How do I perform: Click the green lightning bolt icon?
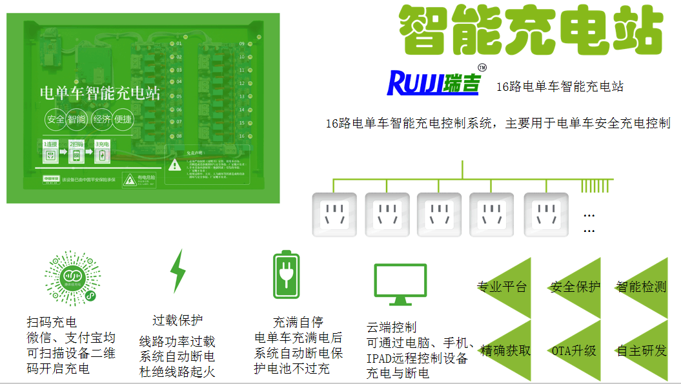(x=177, y=271)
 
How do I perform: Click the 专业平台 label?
(x=502, y=287)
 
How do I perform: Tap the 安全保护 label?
(x=574, y=287)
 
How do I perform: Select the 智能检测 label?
(x=641, y=287)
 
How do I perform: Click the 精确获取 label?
(x=505, y=351)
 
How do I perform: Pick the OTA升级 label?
(x=573, y=351)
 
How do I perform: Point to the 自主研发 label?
(x=642, y=351)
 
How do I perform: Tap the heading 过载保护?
(x=178, y=320)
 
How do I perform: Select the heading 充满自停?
(x=298, y=322)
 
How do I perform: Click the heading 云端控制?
(x=392, y=327)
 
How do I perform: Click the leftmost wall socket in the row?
(x=334, y=214)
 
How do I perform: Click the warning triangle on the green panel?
(x=174, y=165)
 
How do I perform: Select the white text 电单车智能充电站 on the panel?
(x=100, y=94)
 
